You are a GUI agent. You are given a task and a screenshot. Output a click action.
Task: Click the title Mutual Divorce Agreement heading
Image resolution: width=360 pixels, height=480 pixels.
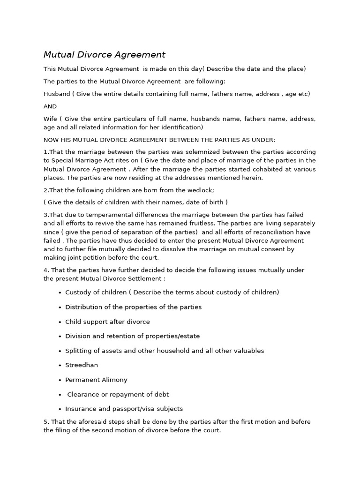[105, 55]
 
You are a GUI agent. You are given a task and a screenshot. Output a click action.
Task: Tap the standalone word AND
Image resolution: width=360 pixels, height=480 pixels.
[50, 106]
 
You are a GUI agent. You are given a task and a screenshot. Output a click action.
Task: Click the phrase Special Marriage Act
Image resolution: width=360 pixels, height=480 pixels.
[83, 161]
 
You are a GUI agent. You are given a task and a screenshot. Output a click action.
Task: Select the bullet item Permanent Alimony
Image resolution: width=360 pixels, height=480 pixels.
[96, 380]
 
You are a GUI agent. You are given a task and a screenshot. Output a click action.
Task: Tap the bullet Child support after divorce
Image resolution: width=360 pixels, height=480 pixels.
[107, 322]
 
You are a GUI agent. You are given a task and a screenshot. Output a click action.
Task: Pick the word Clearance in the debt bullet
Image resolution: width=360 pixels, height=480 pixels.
[83, 394]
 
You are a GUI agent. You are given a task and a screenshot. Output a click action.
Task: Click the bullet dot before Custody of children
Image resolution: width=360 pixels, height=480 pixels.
[60, 292]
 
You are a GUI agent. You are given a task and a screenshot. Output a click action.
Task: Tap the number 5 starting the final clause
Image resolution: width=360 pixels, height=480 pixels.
[45, 422]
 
